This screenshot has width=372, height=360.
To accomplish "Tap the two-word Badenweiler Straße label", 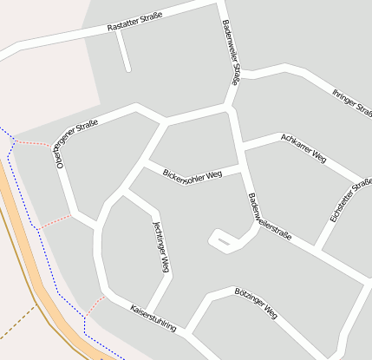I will [230, 52].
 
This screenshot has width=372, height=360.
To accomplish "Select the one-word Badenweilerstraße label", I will [270, 217].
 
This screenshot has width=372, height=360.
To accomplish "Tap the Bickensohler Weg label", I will [193, 173].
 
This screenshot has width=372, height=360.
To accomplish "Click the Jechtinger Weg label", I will [160, 247].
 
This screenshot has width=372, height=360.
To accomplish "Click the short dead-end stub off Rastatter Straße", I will [123, 52].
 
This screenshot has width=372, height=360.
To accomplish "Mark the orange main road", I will [35, 260].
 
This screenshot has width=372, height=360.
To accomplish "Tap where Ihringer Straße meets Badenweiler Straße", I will [240, 73].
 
